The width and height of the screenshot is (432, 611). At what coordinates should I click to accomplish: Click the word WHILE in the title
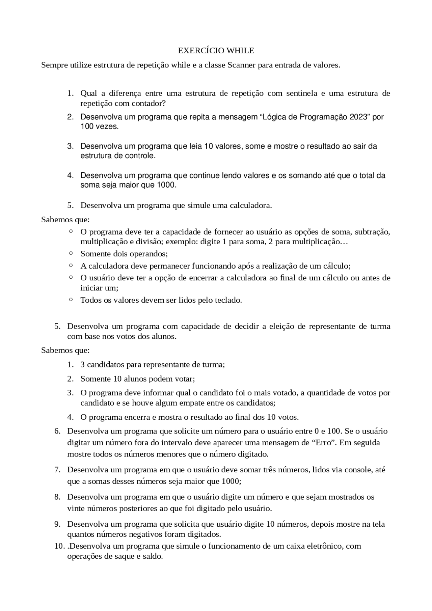pos(240,51)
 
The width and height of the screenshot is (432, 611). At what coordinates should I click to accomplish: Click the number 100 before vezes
pos(87,127)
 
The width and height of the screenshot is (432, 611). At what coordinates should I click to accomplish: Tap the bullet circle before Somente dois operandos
pos(71,253)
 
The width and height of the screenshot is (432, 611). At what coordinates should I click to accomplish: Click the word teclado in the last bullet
pos(228,300)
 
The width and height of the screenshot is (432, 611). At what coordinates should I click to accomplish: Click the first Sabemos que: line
pos(65,220)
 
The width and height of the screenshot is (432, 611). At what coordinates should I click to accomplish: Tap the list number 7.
pos(57,470)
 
